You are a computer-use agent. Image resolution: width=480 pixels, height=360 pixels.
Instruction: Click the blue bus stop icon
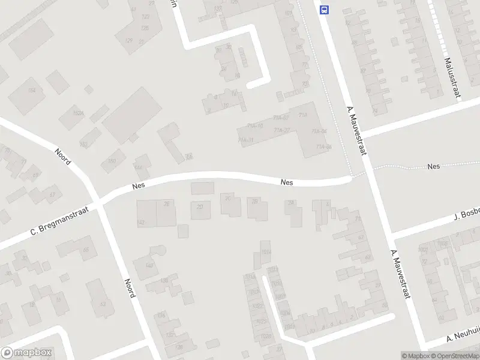click(x=325, y=10)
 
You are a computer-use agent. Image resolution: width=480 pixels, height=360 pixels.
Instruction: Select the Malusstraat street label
click(x=452, y=77)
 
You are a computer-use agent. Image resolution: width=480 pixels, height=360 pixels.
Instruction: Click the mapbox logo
click(x=26, y=353)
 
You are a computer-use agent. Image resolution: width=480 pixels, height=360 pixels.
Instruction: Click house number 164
click(x=31, y=90)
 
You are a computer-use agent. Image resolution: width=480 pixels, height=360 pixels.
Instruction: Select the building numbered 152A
click(x=77, y=113)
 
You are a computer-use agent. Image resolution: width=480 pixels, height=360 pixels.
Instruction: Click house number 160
click(x=112, y=160)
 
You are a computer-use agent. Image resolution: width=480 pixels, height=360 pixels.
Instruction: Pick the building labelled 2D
click(x=200, y=207)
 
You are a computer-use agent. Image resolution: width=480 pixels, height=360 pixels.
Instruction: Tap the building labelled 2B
click(x=256, y=202)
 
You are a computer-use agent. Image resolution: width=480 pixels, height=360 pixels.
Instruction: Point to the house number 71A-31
click(x=246, y=140)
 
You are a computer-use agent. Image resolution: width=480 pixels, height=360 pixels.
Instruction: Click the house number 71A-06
click(x=324, y=146)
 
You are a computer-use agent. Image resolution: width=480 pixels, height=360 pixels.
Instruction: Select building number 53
click(x=103, y=304)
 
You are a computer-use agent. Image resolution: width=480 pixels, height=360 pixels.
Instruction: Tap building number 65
click(x=86, y=250)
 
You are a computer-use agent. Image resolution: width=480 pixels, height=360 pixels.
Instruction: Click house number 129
click(x=128, y=40)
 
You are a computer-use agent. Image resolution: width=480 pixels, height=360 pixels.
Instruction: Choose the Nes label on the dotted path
click(x=434, y=166)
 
